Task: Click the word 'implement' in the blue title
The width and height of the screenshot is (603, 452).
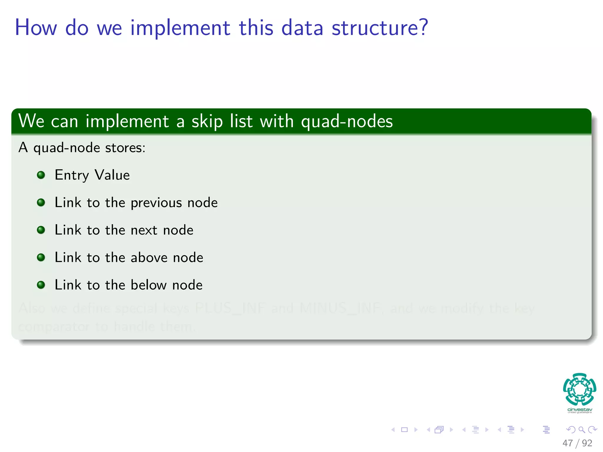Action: point(180,28)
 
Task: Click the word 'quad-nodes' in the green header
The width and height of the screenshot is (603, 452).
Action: point(347,121)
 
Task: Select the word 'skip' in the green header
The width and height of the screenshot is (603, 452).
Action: point(207,121)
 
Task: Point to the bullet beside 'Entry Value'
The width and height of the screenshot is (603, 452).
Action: point(41,175)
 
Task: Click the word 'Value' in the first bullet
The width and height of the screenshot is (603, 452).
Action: point(112,175)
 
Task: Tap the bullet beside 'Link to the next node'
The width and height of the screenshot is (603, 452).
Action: point(41,230)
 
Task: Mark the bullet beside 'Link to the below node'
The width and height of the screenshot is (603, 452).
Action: point(41,285)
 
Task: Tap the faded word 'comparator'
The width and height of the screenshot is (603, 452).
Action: point(54,327)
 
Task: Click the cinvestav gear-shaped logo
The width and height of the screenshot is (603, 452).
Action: point(579,389)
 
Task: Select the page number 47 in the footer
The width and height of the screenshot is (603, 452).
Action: point(567,443)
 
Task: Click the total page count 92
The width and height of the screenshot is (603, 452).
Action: point(587,443)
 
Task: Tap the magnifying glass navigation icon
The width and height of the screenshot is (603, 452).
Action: point(582,430)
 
